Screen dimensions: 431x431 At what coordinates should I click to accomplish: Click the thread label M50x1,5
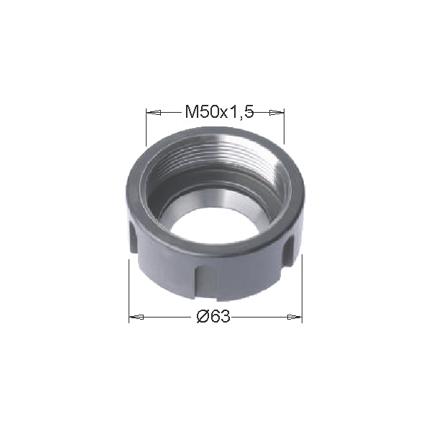(219, 111)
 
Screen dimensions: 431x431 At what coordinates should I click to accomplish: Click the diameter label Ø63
(213, 317)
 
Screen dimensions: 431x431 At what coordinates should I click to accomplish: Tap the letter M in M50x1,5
(192, 111)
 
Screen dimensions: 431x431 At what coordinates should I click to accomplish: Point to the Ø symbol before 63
(203, 317)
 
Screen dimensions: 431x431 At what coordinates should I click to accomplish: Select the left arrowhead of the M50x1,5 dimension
(154, 113)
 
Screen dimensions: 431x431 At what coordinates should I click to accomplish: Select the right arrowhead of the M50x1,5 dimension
(277, 113)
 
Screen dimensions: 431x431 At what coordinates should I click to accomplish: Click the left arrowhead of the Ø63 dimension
(136, 317)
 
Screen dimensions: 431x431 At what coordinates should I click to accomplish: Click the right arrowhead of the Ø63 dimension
(295, 317)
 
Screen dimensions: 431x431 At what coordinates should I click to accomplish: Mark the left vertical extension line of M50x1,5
(147, 127)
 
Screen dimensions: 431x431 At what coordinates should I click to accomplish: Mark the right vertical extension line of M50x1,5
(284, 126)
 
